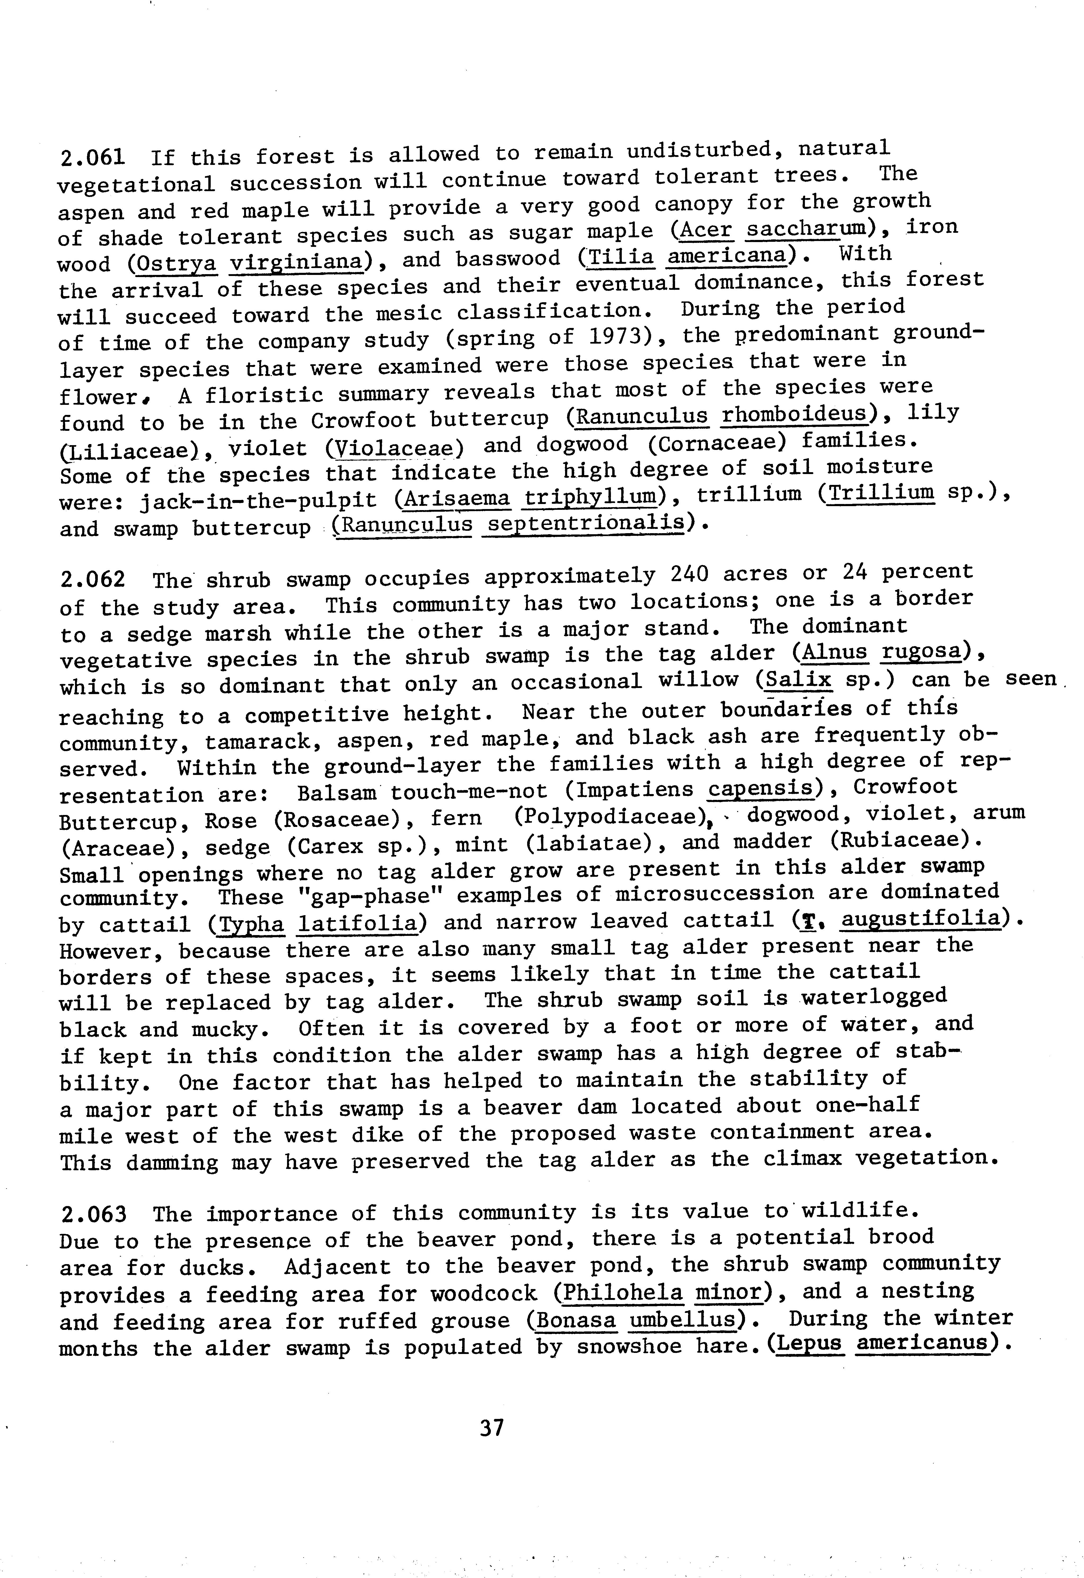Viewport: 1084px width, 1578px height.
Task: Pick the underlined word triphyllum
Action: click(x=591, y=499)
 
